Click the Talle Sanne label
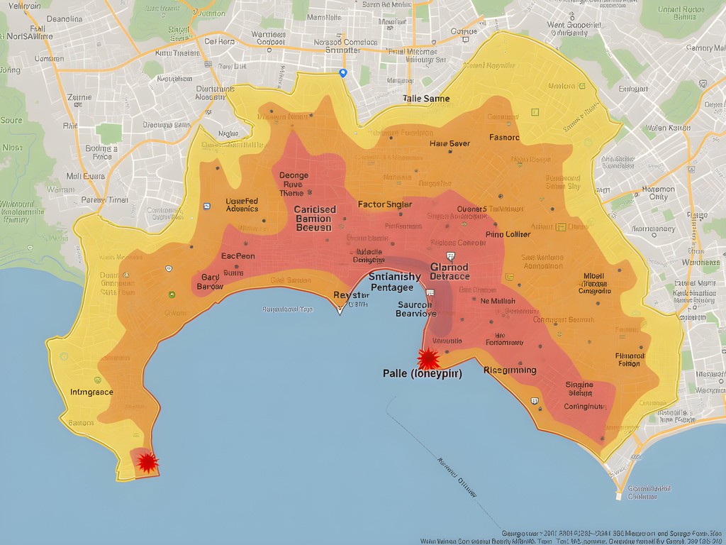pos(425,99)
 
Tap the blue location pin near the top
pos(343,72)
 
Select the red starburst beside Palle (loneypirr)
pos(428,358)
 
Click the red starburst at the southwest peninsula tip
pos(147,463)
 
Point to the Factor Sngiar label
pos(384,204)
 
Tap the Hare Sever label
pos(449,143)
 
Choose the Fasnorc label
pos(504,137)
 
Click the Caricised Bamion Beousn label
pos(314,219)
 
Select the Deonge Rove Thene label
pos(293,184)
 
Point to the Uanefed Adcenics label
pos(242,204)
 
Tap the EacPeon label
pos(238,255)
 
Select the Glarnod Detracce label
pos(449,271)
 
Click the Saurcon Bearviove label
pos(416,309)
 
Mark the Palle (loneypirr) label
pos(422,374)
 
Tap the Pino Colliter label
pos(508,234)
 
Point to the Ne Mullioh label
pos(498,300)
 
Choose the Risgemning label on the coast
pos(509,370)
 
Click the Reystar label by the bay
pos(351,294)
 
